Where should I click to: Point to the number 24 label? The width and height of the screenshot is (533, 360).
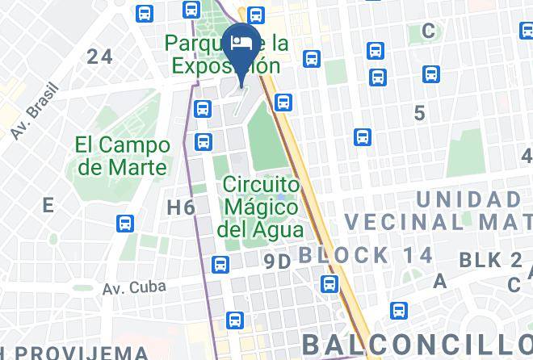pos(100,57)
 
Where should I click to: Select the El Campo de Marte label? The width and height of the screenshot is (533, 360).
pos(123,157)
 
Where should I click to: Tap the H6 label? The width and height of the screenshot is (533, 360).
pos(181,207)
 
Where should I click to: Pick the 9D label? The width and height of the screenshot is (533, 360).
pos(277,260)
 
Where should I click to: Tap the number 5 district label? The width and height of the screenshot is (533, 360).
pos(419,113)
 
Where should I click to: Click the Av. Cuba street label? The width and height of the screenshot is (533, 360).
pos(135,287)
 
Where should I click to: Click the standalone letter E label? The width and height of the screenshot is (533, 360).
pos(48,205)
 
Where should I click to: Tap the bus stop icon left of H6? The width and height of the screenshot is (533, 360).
pos(125,222)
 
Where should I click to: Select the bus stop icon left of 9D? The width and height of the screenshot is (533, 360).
pos(220,264)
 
